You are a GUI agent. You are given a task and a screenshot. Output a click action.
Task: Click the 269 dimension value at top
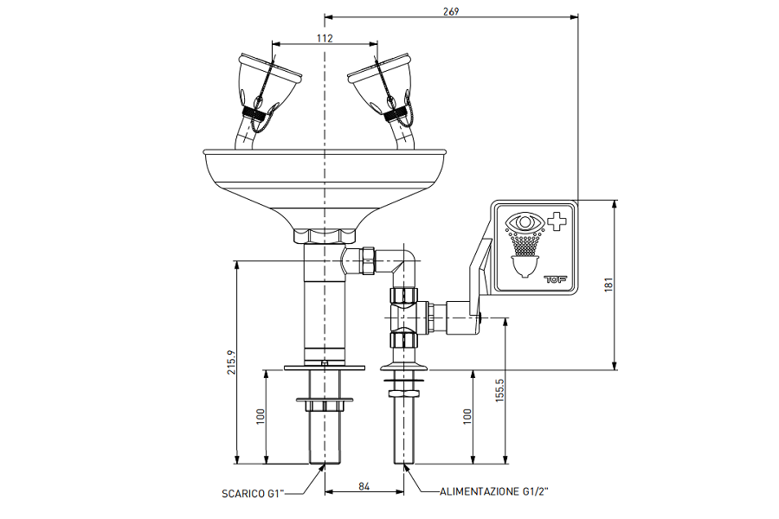click(450, 10)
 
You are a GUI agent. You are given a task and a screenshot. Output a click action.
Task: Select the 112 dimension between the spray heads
click(324, 38)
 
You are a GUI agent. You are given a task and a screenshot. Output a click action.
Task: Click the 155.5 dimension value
click(499, 392)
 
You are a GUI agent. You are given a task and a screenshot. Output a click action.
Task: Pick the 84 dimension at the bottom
click(364, 488)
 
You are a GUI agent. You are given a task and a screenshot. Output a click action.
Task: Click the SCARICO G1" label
click(250, 495)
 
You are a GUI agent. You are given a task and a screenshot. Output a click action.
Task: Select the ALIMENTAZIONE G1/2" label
click(494, 491)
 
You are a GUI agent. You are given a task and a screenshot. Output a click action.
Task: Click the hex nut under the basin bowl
click(325, 236)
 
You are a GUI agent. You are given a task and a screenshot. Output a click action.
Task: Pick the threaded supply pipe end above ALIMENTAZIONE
click(404, 428)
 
